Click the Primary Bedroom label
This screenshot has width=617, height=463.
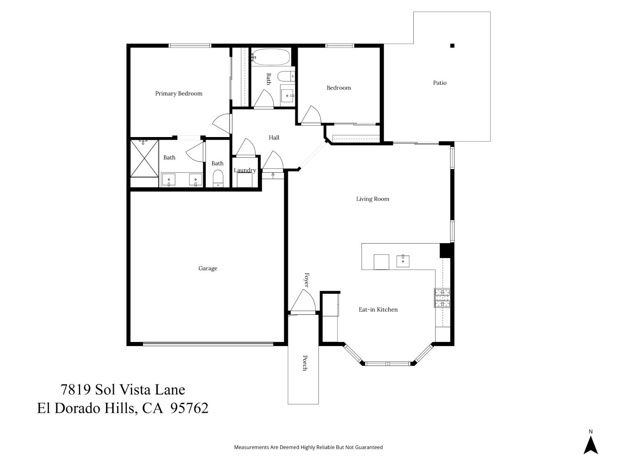[179, 93]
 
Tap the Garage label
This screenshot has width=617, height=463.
[208, 268]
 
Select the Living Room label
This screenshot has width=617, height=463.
[372, 199]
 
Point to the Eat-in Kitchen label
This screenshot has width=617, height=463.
[378, 309]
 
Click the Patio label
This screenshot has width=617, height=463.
[439, 83]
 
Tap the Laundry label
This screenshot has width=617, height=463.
[245, 170]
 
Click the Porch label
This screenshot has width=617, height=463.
[305, 363]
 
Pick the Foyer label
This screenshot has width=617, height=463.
[306, 280]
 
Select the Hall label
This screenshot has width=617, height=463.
[274, 137]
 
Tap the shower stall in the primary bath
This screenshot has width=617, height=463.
[144, 158]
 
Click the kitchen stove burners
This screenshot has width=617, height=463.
[442, 298]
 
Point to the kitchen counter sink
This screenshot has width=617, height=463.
[403, 261]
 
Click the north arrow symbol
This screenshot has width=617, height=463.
[591, 445]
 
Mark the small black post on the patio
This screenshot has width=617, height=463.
[452, 46]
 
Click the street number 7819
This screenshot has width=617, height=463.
[75, 389]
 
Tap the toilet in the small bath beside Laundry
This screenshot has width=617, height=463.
[218, 179]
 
